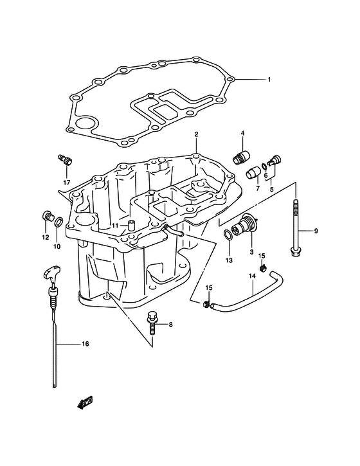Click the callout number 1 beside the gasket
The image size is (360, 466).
coord(269,80)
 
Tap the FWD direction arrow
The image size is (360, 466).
coord(85,403)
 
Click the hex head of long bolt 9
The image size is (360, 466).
coord(295,253)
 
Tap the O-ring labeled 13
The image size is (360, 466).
coord(228,235)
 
